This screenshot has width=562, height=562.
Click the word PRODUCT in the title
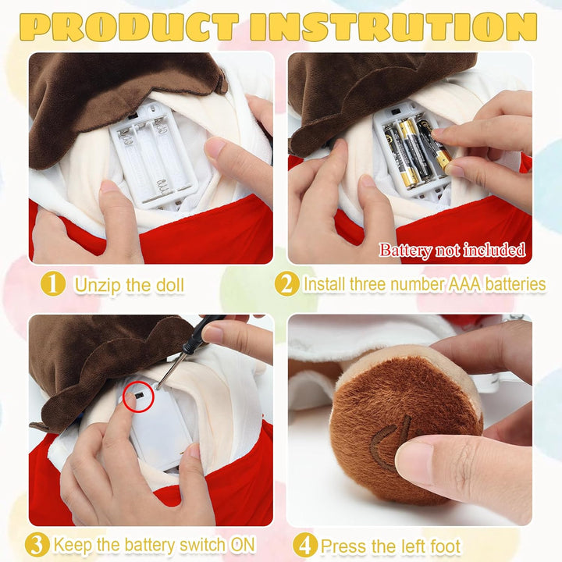(x=130, y=27)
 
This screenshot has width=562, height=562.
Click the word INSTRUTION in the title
(x=393, y=27)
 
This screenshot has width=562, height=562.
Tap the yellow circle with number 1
(x=53, y=284)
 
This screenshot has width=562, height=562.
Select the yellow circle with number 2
(x=286, y=284)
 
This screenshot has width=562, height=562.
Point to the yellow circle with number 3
(x=37, y=545)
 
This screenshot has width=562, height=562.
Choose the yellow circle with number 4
(x=305, y=546)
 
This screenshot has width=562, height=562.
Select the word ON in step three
(x=243, y=545)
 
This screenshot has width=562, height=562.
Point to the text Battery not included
(x=452, y=250)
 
